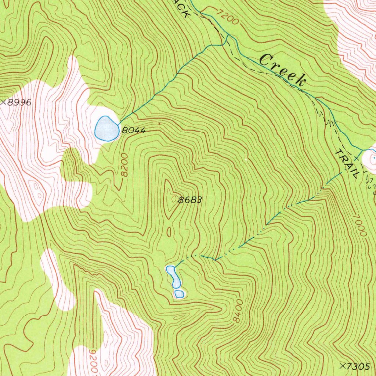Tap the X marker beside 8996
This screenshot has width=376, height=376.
pos(3,102)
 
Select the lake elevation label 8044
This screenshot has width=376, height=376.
pos(134,130)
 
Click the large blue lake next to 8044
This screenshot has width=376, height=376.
pos(106,129)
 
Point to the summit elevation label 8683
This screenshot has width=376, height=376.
pos(190,200)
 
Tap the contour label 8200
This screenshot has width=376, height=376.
pos(125,165)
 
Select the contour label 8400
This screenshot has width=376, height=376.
pos(238,311)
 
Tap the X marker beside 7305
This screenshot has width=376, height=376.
pos(343,366)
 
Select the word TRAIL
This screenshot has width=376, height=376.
pos(346,164)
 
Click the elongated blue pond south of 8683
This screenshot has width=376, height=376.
pos(173,276)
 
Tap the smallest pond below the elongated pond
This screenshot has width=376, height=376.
pos(179,294)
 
